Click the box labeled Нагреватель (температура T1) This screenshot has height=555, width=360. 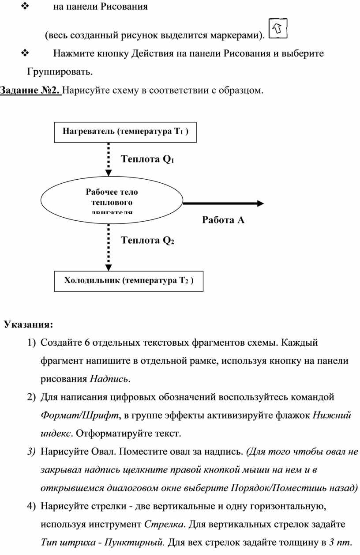(125, 132)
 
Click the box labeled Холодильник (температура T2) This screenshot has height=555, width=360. (128, 281)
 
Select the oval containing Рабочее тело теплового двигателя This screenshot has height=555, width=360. (112, 203)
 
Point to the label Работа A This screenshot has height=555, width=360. (223, 220)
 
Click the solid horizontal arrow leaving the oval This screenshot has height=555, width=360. (223, 204)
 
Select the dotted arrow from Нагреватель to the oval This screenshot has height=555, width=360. (108, 161)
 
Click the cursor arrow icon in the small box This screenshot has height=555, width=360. (277, 29)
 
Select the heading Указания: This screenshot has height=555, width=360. (28, 325)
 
